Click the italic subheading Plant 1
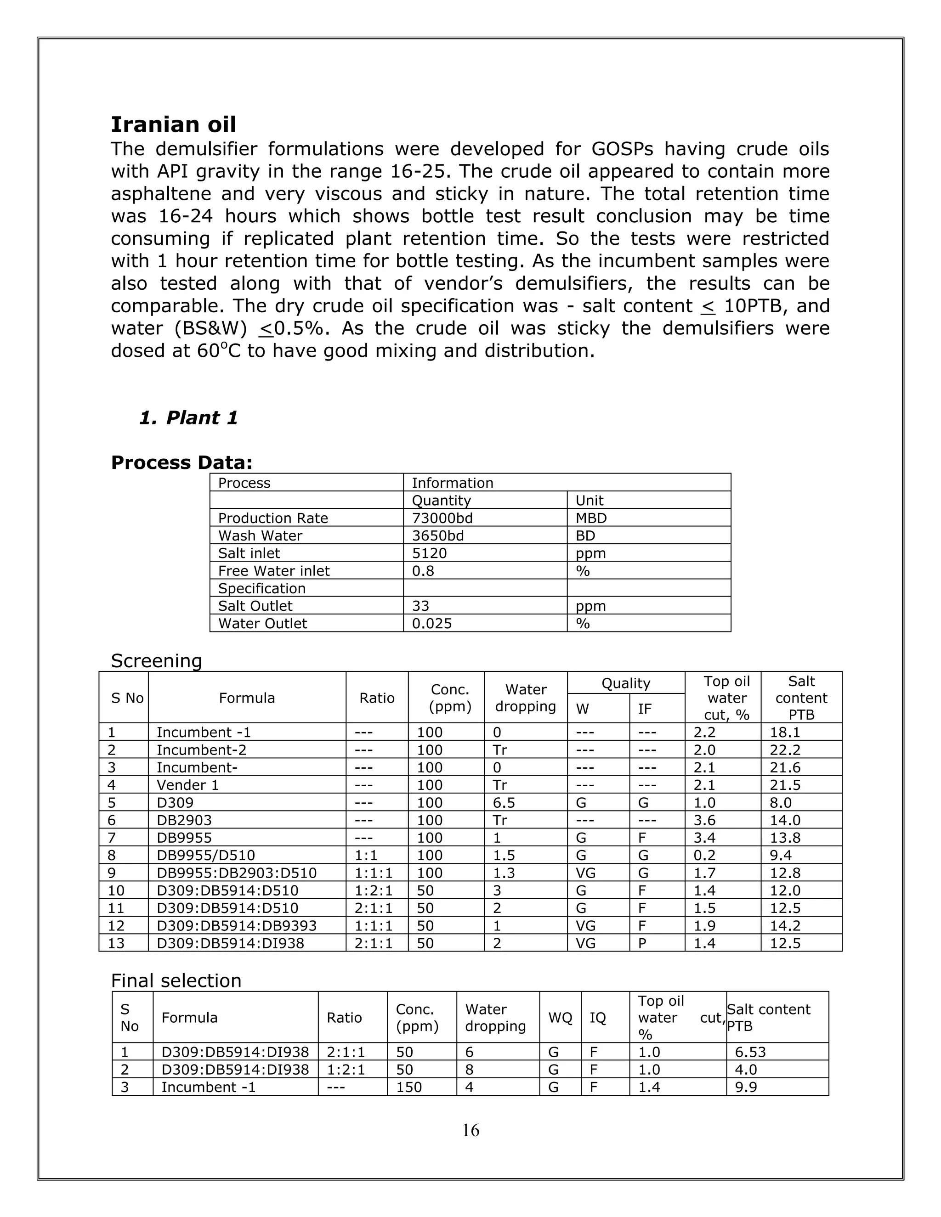[x=188, y=418]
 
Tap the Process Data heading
[x=182, y=462]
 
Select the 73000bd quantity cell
[x=442, y=518]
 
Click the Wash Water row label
[x=260, y=535]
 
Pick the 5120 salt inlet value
[x=429, y=553]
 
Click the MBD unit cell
[x=591, y=518]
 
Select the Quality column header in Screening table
[x=625, y=683]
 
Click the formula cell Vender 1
[x=187, y=785]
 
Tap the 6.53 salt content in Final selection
[x=750, y=1052]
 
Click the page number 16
[x=470, y=1130]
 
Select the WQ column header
[x=560, y=1018]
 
